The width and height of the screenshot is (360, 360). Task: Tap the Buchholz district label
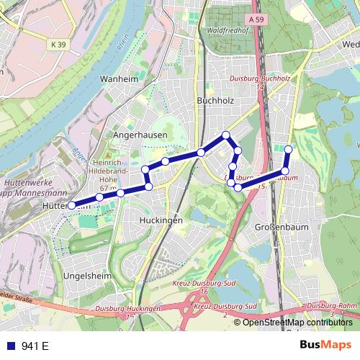pyautogui.click(x=210, y=102)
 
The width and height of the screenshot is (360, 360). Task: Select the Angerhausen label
pyautogui.click(x=140, y=135)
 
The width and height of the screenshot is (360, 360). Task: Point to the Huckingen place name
pyautogui.click(x=161, y=220)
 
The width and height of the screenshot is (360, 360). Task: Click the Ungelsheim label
pyautogui.click(x=86, y=274)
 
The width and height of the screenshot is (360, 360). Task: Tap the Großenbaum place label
pyautogui.click(x=276, y=227)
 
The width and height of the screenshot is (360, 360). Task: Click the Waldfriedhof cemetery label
pyautogui.click(x=227, y=30)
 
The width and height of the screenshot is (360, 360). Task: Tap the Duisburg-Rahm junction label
pyautogui.click(x=331, y=306)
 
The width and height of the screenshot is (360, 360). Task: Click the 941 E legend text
pyautogui.click(x=35, y=346)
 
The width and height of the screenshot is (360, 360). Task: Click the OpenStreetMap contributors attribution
pyautogui.click(x=297, y=322)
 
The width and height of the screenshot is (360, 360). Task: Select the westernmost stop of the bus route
pyautogui.click(x=71, y=205)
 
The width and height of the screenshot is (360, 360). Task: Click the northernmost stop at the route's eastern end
pyautogui.click(x=289, y=149)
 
